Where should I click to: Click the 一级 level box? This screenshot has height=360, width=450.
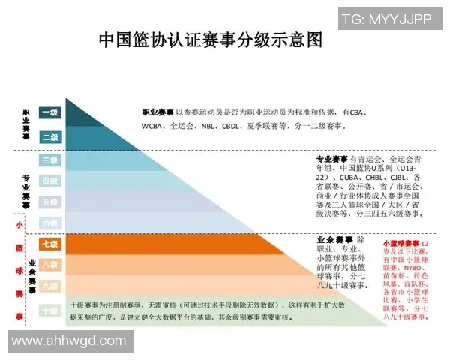pos(49,112)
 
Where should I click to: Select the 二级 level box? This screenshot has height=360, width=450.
pos(49,136)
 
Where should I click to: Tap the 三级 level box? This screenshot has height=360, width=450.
pos(49,160)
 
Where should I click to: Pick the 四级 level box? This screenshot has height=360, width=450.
pos(49,181)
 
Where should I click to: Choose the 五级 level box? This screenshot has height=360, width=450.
pos(49,202)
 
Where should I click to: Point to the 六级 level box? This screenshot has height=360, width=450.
pos(49,223)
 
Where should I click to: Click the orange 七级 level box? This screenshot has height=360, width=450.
pos(49,244)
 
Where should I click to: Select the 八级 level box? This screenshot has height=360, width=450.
pos(49,265)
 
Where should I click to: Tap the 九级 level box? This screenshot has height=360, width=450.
pos(49,286)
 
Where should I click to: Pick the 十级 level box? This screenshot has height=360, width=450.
pos(49,310)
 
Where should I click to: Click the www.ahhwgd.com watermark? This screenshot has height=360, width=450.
pos(68,340)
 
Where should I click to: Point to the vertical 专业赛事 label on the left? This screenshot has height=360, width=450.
pos(25,190)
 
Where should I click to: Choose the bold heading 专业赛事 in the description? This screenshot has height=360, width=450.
pos(332,160)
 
